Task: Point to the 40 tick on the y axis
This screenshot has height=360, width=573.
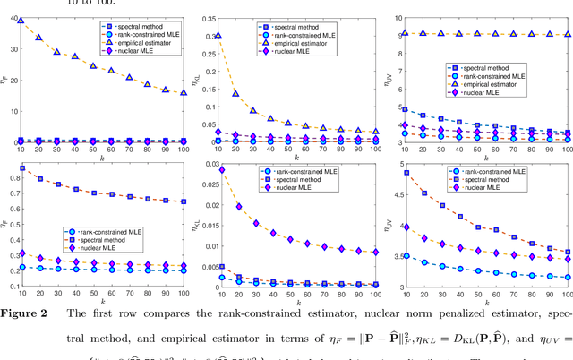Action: [18, 18]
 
